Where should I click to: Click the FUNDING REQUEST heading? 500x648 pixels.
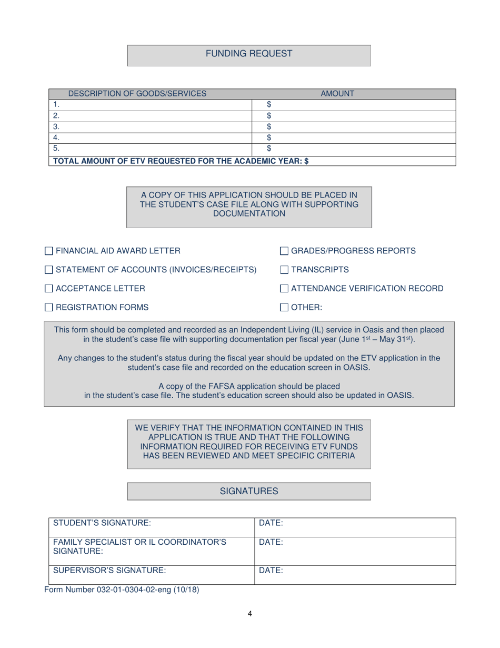click(249, 53)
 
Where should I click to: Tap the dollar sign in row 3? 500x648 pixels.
click(269, 127)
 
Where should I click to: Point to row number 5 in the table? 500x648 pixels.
click(55, 149)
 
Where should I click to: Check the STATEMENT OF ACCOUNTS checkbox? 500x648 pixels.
click(48, 270)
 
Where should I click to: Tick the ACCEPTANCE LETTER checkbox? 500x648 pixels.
click(48, 289)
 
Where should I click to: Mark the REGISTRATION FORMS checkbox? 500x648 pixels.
click(48, 307)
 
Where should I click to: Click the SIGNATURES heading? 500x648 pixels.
click(249, 491)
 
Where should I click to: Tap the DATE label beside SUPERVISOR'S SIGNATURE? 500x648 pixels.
click(271, 570)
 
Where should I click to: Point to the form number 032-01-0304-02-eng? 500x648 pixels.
click(122, 590)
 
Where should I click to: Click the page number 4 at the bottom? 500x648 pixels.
click(249, 613)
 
